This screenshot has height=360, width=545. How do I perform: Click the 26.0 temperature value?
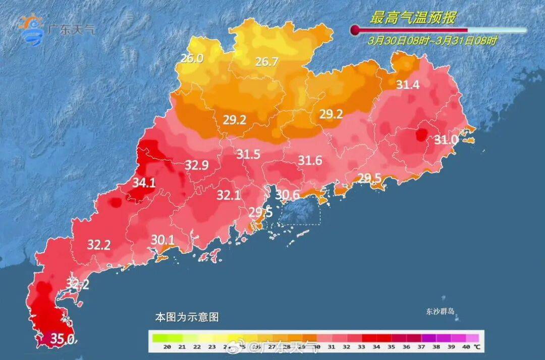click(x=192, y=58)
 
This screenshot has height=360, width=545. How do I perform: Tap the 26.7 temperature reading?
click(x=266, y=62)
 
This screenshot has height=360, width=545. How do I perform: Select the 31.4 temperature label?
click(x=407, y=85)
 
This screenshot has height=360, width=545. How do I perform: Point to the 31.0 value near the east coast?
click(x=447, y=139)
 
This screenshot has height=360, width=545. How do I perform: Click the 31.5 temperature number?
click(x=249, y=155)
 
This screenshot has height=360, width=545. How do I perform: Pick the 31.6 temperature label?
click(x=310, y=161)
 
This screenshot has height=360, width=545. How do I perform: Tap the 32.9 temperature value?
click(x=197, y=165)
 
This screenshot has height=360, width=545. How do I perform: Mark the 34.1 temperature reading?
click(x=144, y=183)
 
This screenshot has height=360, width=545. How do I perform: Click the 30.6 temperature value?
click(x=288, y=194)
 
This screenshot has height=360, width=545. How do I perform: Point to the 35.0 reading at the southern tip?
click(x=63, y=338)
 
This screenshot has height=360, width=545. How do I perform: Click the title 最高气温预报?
click(x=413, y=19)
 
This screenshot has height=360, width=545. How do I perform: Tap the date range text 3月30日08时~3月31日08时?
click(x=432, y=40)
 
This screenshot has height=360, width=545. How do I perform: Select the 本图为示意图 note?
click(x=187, y=318)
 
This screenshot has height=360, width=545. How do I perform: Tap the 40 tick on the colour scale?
click(x=465, y=347)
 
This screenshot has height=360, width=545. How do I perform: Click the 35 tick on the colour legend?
click(x=391, y=347)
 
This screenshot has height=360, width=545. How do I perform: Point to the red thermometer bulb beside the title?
click(x=355, y=30)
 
